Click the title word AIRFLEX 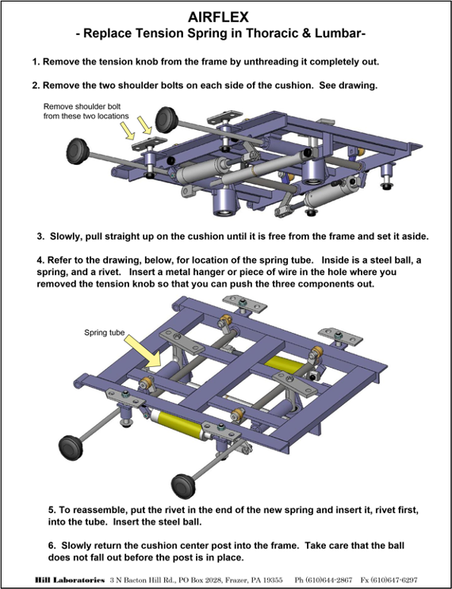click(x=218, y=17)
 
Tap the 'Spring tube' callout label click(x=104, y=332)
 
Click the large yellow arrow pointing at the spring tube click(x=144, y=351)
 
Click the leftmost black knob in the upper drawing click(x=78, y=151)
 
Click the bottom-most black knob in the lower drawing click(x=183, y=487)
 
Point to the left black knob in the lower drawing click(x=71, y=447)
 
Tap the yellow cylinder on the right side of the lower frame click(x=285, y=365)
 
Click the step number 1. click(x=36, y=62)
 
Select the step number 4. click(x=40, y=260)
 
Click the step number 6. click(x=52, y=545)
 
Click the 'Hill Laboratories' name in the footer click(x=70, y=580)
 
